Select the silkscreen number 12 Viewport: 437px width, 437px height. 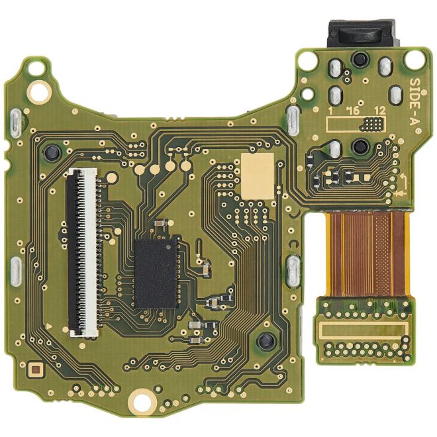(379, 111)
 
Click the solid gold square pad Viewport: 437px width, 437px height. (258, 173)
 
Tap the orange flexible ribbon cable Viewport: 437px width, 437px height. (367, 255)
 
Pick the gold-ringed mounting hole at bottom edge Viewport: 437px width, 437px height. (140, 399)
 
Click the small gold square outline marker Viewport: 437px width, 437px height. (36, 367)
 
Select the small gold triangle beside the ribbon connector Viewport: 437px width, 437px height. (51, 326)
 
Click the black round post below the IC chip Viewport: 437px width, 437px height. (266, 342)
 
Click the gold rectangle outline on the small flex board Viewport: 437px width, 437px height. (362, 329)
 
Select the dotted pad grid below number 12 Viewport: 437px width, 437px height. (375, 123)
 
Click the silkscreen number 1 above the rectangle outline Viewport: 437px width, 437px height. (328, 111)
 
